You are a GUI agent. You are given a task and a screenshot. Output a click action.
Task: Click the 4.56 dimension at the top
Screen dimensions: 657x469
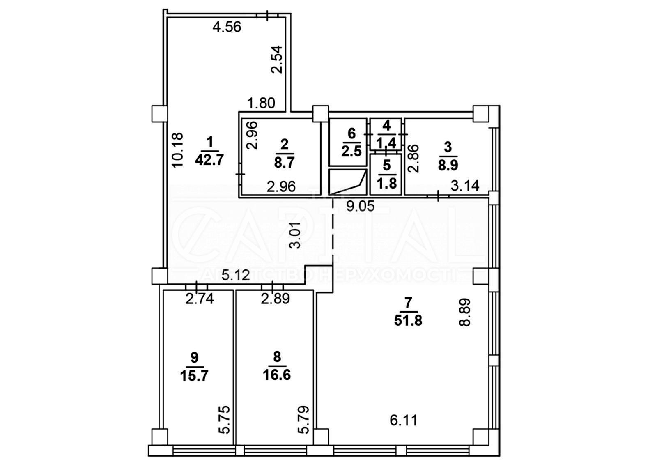pos(227,27)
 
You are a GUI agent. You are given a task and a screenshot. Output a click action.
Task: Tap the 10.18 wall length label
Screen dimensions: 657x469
pos(178,150)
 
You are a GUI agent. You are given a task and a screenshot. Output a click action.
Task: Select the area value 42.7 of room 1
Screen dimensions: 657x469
pos(209,160)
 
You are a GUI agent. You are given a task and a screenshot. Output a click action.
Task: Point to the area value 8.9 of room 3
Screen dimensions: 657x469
pos(448,165)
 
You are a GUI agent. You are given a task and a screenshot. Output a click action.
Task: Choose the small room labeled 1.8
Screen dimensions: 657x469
pos(386,175)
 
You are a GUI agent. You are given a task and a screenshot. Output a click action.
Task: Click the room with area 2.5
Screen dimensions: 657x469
pos(348,142)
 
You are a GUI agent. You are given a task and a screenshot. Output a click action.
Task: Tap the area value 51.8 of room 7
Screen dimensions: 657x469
pos(408,321)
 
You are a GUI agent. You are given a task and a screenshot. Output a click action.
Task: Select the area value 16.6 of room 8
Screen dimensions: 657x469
pos(277,375)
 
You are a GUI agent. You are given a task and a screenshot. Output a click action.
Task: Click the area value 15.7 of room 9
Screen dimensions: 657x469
pos(194,376)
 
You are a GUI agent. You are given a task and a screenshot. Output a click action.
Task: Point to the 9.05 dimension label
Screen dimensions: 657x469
pos(361,207)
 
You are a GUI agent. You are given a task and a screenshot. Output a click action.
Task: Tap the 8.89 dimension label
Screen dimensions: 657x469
pos(465,312)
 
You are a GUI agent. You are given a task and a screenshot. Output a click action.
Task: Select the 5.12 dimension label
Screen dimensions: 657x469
pos(236,275)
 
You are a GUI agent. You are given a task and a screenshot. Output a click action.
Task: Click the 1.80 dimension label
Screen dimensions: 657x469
pos(261,103)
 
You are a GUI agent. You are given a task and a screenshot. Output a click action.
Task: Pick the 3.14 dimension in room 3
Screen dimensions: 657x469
pos(465,186)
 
